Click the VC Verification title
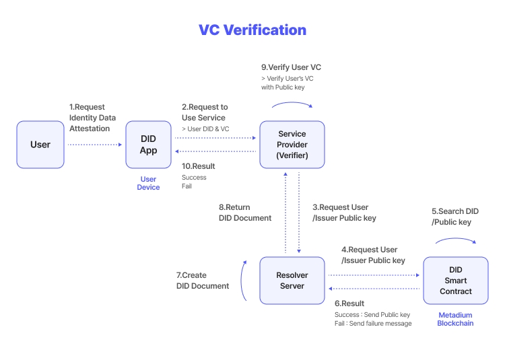point(252,30)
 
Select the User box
point(40,145)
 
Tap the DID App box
point(148,145)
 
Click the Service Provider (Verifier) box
point(292,145)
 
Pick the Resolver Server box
point(292,280)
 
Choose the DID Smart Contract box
point(456,280)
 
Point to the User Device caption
point(148,183)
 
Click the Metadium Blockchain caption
point(456,319)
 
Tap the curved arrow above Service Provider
point(292,104)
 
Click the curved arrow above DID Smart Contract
point(456,240)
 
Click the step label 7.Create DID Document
point(202,281)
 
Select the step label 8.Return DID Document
point(245,213)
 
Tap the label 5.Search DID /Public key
point(454,217)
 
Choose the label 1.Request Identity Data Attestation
point(93,118)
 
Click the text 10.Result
point(199,166)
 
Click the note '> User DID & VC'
point(206,129)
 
